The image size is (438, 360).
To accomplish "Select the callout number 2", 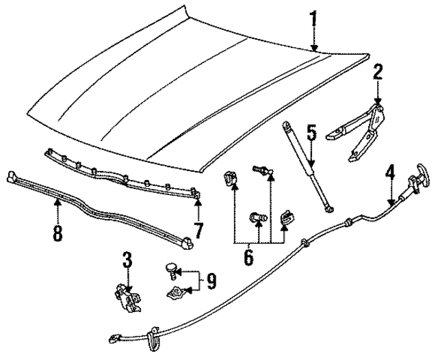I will (377, 73).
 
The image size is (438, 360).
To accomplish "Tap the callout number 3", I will (127, 261).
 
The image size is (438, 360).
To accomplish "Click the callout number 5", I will (311, 132).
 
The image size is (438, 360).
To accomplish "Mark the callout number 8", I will (57, 233).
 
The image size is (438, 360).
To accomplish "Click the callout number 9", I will (211, 281).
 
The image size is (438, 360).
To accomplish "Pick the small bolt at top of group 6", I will (260, 168).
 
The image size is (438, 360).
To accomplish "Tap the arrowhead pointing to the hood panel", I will (313, 48).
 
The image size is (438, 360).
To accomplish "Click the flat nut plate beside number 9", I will (177, 293).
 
